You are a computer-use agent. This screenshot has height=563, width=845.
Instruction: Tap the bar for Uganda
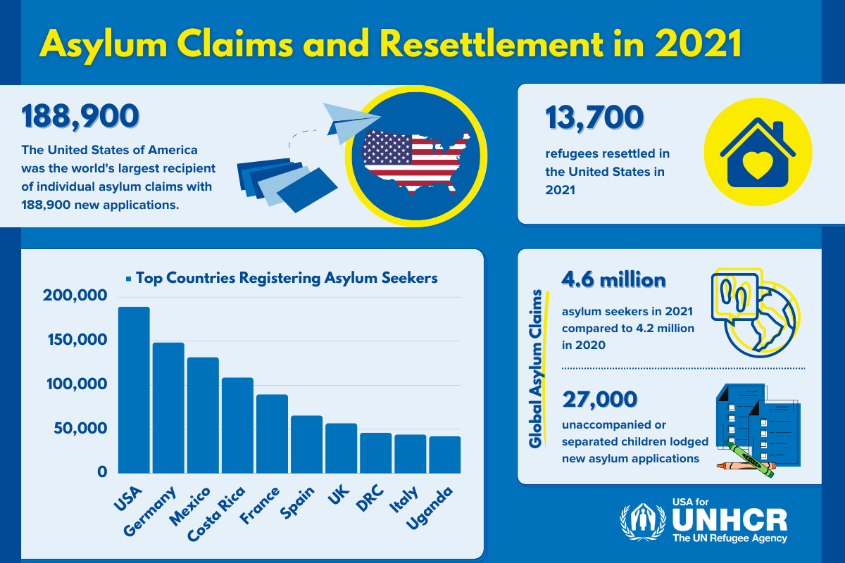(445, 454)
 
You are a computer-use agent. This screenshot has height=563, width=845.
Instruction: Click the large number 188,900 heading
(80, 117)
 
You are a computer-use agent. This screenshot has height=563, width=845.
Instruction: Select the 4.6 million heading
(613, 280)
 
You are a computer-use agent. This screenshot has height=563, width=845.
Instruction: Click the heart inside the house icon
(757, 167)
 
